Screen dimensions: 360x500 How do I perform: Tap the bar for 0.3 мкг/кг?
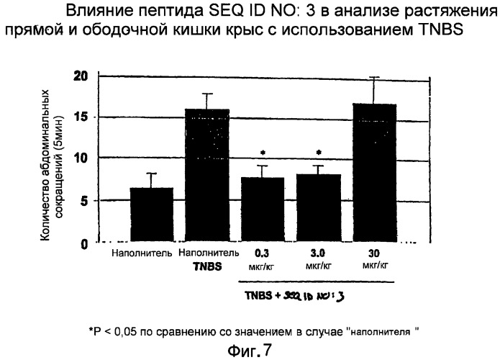263,210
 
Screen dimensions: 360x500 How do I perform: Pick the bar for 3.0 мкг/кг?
318,208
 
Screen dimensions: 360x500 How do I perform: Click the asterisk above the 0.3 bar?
263,153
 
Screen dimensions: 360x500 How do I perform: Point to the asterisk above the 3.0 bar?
318,153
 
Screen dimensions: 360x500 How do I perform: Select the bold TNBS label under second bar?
207,264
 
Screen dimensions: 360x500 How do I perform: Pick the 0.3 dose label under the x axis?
263,253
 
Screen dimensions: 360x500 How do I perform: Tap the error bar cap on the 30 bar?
373,77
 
